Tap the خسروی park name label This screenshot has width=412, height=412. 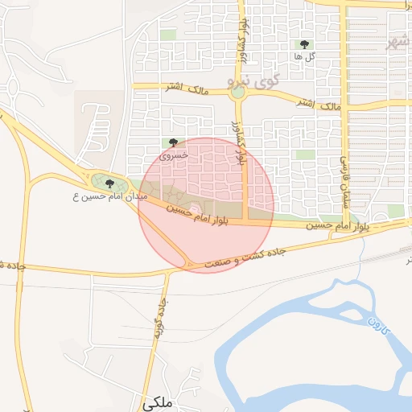[174, 154]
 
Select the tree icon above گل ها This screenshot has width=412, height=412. [304, 45]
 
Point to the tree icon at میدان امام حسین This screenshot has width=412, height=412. [110, 183]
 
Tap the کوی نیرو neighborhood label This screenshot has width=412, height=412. [253, 80]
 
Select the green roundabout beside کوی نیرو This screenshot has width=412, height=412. [237, 93]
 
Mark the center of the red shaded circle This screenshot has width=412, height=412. [206, 205]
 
